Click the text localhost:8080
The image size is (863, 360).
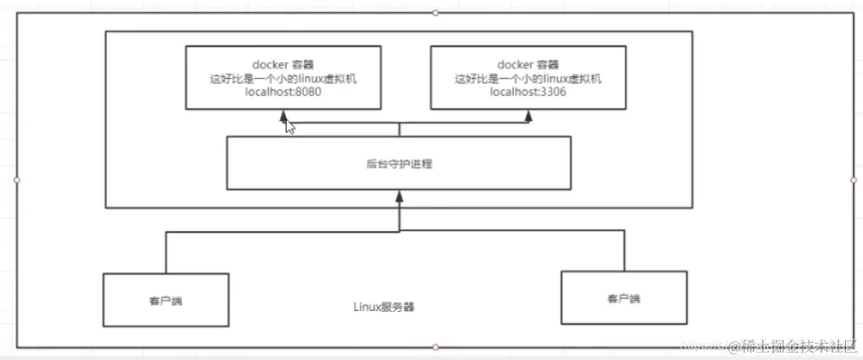tap(283, 94)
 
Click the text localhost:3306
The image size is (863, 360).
tap(528, 94)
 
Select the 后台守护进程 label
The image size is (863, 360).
tap(399, 164)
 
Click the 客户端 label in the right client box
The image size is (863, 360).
tap(624, 299)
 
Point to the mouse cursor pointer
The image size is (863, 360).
tap(289, 126)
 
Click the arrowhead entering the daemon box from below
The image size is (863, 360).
tap(399, 195)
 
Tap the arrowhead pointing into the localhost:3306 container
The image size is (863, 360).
tap(528, 116)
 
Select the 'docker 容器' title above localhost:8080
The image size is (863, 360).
tap(283, 64)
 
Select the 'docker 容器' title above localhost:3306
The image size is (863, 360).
tap(528, 64)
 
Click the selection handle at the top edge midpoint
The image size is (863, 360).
tap(436, 12)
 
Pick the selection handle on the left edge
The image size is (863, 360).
tap(16, 179)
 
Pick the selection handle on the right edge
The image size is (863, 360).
tap(853, 179)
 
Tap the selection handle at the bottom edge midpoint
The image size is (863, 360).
tap(436, 347)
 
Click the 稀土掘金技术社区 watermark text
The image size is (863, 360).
tap(794, 348)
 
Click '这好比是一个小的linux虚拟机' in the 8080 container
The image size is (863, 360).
tap(283, 79)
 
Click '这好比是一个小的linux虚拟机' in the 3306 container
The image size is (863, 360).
tap(528, 79)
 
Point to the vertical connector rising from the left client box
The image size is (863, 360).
tap(166, 252)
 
